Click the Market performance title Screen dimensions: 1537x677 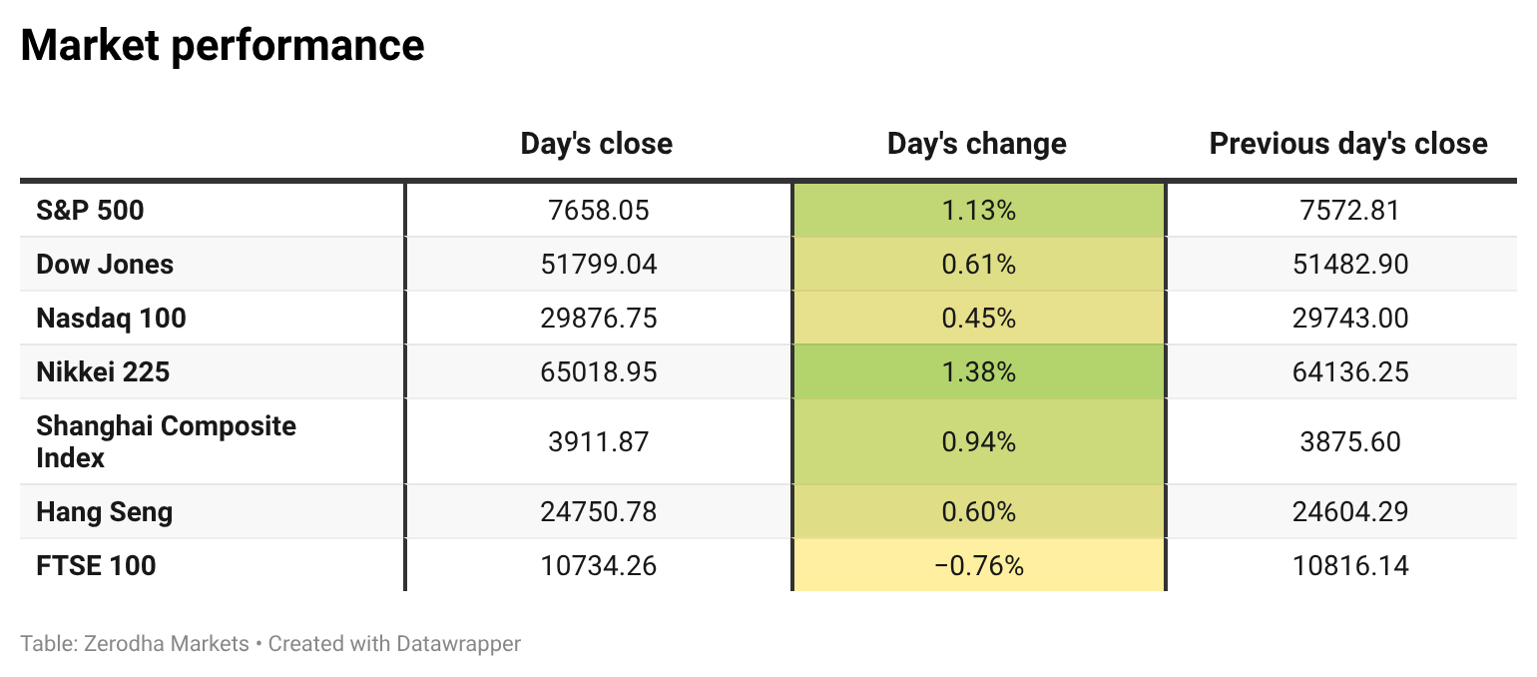pos(223,45)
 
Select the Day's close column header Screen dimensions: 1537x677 pos(596,144)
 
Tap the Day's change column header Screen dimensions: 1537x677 pos(977,144)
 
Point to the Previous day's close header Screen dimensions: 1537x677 pos(1348,144)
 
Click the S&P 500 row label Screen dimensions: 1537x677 pos(90,210)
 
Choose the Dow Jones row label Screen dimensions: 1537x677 pos(104,265)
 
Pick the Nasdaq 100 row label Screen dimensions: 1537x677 pos(111,318)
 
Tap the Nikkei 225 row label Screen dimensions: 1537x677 pos(103,372)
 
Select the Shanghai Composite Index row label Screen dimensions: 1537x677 pos(166,441)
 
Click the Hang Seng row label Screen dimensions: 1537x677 pos(104,512)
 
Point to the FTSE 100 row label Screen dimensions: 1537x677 pos(96,566)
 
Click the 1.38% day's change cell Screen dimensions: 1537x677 pos(978,372)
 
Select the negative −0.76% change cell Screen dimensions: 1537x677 pos(978,566)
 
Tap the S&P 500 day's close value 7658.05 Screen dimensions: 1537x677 pos(599,210)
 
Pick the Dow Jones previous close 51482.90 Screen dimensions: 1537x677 pos(1350,265)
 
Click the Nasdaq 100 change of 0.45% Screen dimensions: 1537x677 pos(978,318)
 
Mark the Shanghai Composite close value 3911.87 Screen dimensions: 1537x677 pos(599,441)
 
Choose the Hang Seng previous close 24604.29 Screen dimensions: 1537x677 pos(1350,512)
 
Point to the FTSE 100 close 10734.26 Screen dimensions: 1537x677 pos(599,566)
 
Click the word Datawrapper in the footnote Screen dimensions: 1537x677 pos(458,644)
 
